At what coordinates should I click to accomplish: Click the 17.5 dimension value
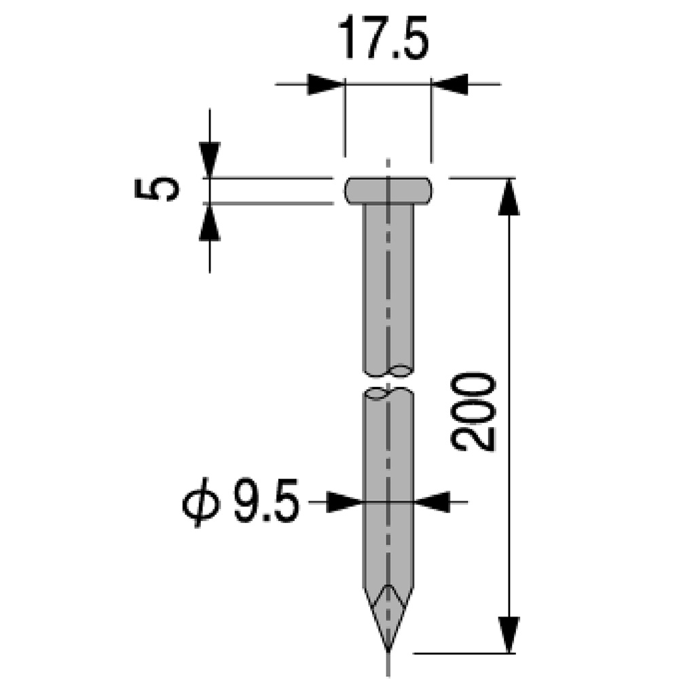(383, 37)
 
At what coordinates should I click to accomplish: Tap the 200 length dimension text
(473, 411)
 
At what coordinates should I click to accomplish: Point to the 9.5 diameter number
(266, 500)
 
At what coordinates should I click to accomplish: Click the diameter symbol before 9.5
(201, 502)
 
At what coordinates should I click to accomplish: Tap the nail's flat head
(388, 191)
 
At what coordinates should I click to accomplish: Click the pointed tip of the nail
(388, 650)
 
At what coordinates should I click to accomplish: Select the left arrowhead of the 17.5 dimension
(326, 84)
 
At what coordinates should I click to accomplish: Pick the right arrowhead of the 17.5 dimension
(449, 84)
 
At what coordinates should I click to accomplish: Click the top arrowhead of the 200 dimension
(509, 197)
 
